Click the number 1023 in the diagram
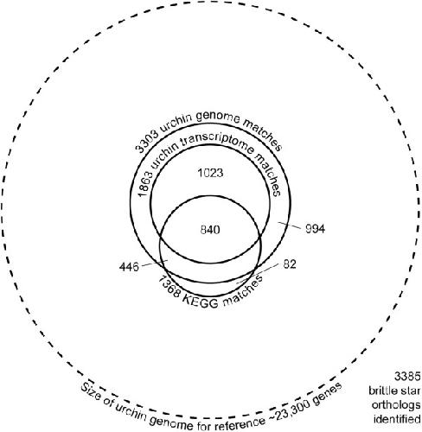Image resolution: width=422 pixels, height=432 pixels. (210, 173)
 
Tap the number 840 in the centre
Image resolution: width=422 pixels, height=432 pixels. (210, 230)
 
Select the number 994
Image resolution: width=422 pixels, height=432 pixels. (315, 229)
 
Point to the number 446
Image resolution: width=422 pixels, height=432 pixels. (129, 267)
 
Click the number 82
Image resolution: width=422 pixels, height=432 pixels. (290, 264)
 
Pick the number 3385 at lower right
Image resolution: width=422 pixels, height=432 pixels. (407, 377)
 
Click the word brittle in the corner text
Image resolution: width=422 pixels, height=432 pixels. (381, 391)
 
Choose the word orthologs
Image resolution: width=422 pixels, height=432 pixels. (396, 405)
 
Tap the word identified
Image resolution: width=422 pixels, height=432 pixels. (397, 419)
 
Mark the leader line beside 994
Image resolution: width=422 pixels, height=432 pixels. (290, 225)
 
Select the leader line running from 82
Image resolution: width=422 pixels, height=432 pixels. (258, 274)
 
